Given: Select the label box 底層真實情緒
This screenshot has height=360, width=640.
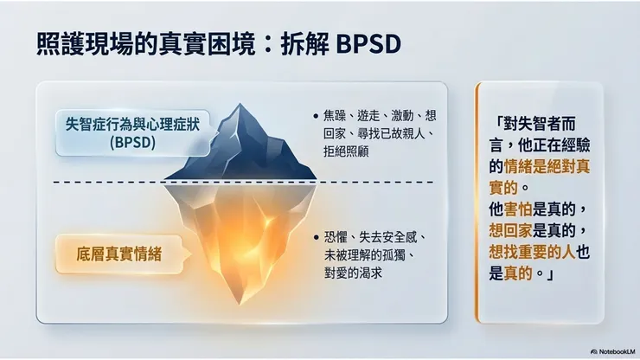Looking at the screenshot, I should [121, 254].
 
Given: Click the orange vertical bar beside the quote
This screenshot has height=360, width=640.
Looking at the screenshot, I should [477, 202].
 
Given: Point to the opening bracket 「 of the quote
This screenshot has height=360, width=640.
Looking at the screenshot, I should [496, 122].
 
